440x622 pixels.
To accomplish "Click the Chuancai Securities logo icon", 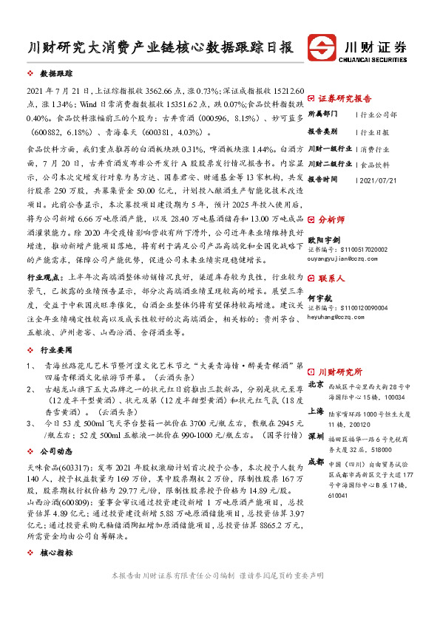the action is click(x=323, y=47).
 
